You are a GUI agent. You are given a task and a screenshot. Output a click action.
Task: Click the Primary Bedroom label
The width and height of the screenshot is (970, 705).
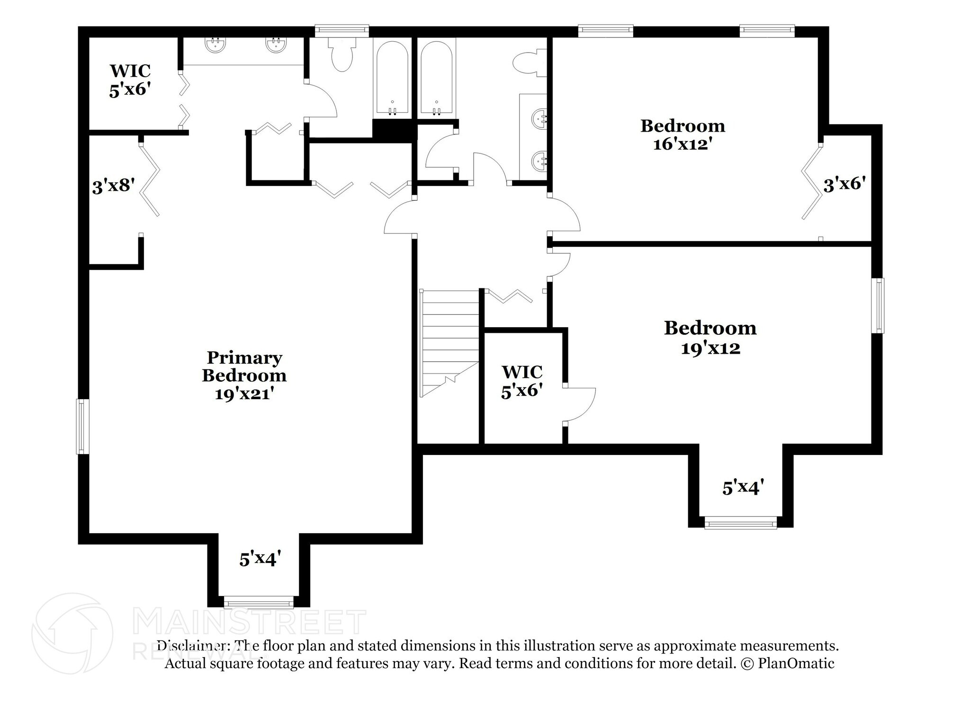pyautogui.click(x=244, y=366)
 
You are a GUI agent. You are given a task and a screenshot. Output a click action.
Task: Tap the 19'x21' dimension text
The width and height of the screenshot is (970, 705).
pyautogui.click(x=245, y=394)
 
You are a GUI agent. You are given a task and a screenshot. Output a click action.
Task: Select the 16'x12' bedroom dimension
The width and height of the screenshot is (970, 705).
pyautogui.click(x=683, y=144)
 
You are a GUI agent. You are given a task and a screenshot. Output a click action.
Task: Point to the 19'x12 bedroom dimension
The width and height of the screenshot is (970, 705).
pyautogui.click(x=710, y=348)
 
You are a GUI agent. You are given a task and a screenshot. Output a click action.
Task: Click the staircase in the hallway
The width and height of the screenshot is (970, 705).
pyautogui.click(x=450, y=343)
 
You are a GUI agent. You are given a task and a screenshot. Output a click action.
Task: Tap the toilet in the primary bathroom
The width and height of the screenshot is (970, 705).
pyautogui.click(x=342, y=55)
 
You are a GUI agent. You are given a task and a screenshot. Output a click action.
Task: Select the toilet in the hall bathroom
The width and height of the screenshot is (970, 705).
pyautogui.click(x=530, y=63)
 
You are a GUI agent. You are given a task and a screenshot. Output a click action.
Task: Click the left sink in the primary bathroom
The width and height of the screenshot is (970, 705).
pyautogui.click(x=215, y=45)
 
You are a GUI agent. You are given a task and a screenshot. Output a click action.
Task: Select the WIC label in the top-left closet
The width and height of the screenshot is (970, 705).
pyautogui.click(x=130, y=71)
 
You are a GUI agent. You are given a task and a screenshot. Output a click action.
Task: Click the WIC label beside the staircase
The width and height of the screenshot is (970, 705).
pyautogui.click(x=522, y=372)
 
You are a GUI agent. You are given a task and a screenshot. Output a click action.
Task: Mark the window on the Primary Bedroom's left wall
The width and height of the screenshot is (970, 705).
pyautogui.click(x=83, y=426)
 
